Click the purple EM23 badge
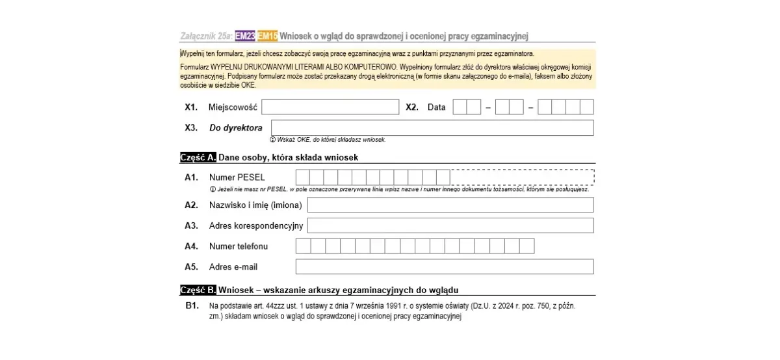(x=245, y=36)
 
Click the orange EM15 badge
(x=267, y=36)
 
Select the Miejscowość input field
(x=330, y=107)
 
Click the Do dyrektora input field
(x=432, y=128)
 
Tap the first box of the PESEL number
(x=303, y=177)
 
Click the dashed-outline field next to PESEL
(x=522, y=177)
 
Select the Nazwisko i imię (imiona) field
(x=450, y=205)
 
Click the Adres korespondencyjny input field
(x=450, y=225)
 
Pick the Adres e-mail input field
(x=445, y=266)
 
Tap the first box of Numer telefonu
(x=303, y=246)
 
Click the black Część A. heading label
(x=198, y=157)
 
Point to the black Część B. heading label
(x=198, y=290)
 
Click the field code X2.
(x=412, y=107)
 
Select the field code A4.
(x=191, y=246)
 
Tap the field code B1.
(x=192, y=305)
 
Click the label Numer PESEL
(x=237, y=177)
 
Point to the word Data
(x=437, y=107)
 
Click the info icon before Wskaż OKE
(x=272, y=140)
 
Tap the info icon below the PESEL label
(x=213, y=190)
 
